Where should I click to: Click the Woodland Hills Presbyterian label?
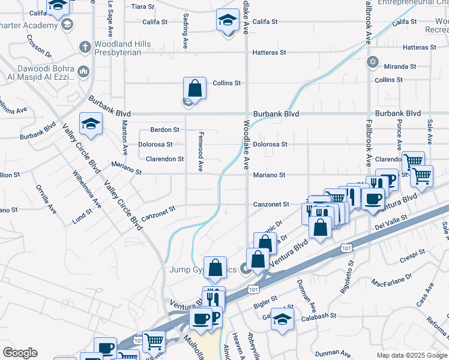[118, 48]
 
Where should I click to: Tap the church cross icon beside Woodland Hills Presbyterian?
[85, 46]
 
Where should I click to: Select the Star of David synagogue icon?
[373, 62]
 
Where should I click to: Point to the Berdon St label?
[164, 130]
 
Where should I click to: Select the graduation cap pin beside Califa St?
[228, 22]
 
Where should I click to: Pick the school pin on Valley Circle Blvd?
[91, 124]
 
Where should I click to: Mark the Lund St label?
[82, 215]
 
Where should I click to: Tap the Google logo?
[20, 353]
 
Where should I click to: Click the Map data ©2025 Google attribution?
[411, 355]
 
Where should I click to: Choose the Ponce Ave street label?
[399, 134]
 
